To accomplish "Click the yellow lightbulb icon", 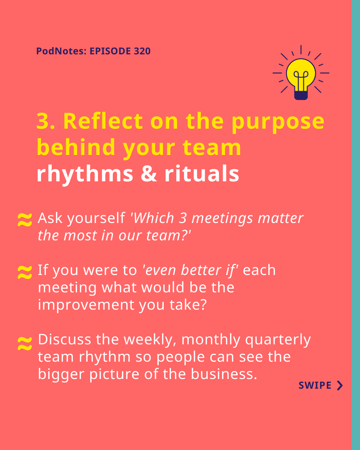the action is click(301, 72).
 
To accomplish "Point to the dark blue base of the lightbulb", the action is click(301, 95).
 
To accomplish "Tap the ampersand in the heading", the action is click(149, 174).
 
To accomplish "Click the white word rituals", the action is click(202, 173).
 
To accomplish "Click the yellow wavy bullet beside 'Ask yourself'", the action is click(25, 220).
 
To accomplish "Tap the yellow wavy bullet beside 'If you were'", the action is click(25, 272).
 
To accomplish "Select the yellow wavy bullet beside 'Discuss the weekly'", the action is click(25, 343).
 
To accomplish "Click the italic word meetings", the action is click(222, 219).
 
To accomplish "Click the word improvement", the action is click(86, 305).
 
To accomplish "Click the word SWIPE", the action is click(315, 385).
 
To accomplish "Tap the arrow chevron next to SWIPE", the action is click(340, 385).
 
